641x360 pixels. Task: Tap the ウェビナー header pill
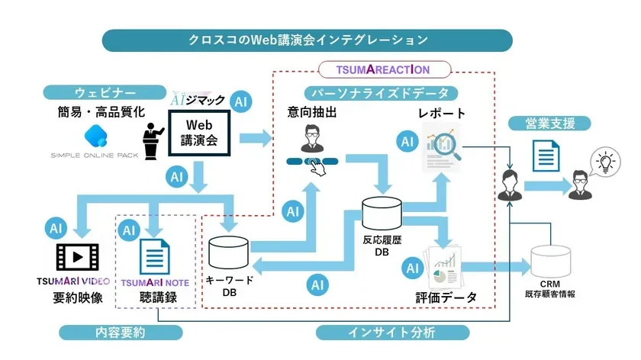(105, 92)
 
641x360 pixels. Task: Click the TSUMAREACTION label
(383, 69)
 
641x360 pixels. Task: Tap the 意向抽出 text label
(312, 113)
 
